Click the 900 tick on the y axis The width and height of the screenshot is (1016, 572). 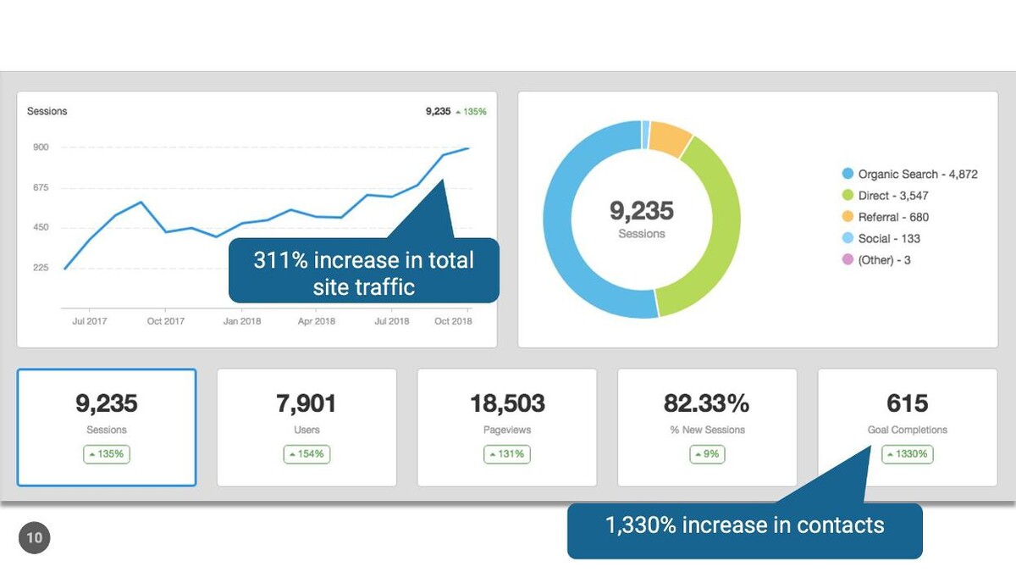point(41,147)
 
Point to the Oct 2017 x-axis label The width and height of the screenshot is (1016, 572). point(166,321)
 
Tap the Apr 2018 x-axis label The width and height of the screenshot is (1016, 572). point(317,321)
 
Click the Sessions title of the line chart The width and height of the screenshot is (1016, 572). point(47,111)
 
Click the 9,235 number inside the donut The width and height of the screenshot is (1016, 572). point(642,210)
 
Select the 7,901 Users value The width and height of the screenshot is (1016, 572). point(306,403)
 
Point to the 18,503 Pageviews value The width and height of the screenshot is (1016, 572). point(507,403)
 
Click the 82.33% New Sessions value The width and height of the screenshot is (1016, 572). point(707,403)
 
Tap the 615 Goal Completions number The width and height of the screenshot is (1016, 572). point(908,403)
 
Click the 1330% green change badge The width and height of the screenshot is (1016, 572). point(907,454)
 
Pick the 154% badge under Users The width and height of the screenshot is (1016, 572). point(306,454)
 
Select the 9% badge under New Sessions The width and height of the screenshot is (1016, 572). point(707,454)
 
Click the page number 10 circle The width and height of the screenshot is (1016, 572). point(35,537)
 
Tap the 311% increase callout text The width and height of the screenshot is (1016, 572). point(364,273)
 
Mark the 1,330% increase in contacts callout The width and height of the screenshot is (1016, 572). point(744,525)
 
